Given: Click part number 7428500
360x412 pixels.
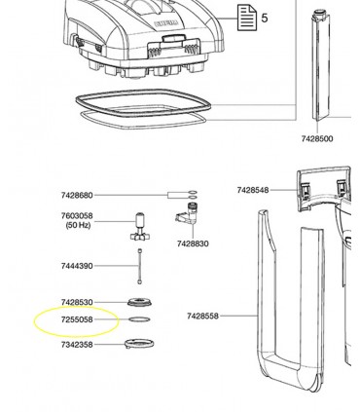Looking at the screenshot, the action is [x=317, y=139].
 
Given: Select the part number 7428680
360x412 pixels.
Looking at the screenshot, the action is [x=77, y=195].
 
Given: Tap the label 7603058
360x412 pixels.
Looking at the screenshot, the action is [x=77, y=215].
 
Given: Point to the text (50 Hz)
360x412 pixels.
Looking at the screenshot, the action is [x=78, y=225].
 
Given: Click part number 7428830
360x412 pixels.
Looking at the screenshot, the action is [x=193, y=243].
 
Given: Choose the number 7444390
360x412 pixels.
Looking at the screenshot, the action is [x=77, y=266].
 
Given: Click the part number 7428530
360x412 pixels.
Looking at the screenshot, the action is [x=77, y=302].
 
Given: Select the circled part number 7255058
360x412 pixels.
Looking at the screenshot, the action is [x=77, y=319].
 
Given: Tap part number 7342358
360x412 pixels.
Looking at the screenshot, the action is [x=77, y=345].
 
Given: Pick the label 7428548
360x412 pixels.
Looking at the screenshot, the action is [x=253, y=190].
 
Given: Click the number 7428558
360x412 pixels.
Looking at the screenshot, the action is [x=202, y=316].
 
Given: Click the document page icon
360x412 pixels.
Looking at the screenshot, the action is [x=247, y=18].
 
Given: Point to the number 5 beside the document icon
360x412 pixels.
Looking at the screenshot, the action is [x=265, y=19].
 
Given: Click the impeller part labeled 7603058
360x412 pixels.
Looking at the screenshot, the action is [x=140, y=227].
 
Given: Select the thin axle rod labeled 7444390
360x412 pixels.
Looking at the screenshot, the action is [x=140, y=266].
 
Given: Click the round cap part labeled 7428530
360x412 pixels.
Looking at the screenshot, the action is [x=140, y=302].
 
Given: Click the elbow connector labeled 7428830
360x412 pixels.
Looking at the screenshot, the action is [x=188, y=213].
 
